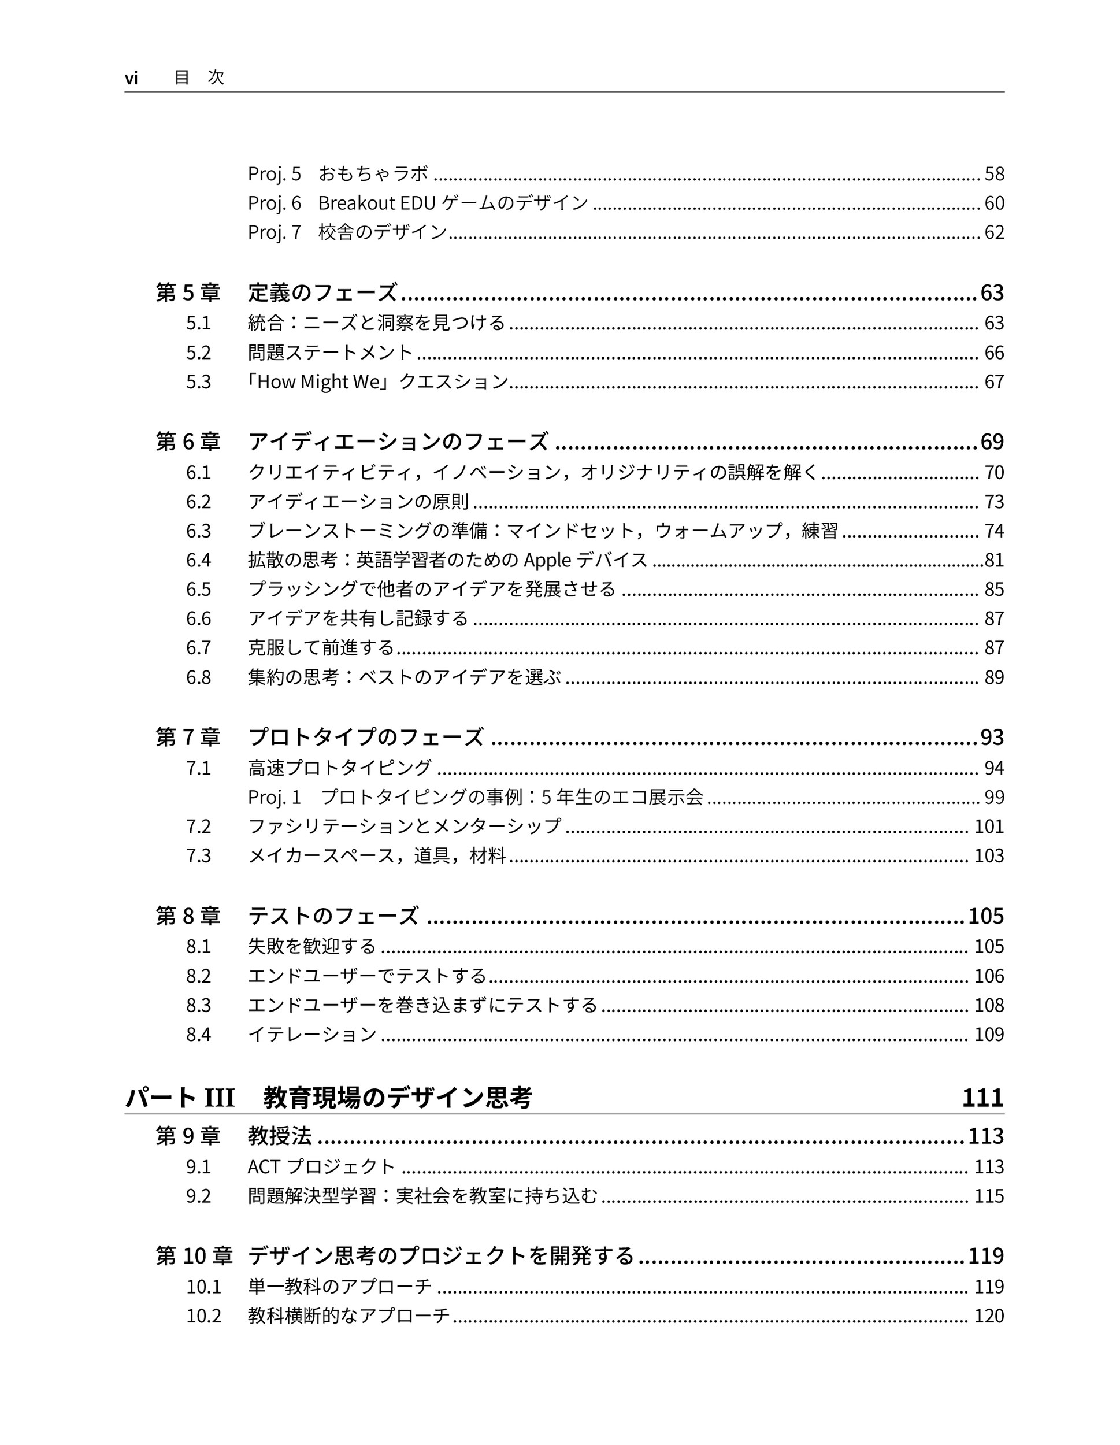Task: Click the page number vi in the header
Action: (x=131, y=78)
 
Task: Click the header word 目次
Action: (x=199, y=77)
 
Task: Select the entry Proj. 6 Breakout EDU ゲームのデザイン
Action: (x=417, y=202)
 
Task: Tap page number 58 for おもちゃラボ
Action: (x=993, y=174)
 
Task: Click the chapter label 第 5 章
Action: (x=188, y=292)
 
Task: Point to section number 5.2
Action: (x=198, y=353)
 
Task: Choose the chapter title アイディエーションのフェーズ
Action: (x=398, y=442)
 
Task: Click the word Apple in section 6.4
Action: (x=547, y=561)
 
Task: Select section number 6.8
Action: (x=198, y=677)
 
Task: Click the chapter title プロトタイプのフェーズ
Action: (x=365, y=737)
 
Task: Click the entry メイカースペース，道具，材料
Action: (x=376, y=855)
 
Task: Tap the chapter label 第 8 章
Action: (x=188, y=916)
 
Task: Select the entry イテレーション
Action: (x=312, y=1034)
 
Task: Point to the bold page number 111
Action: (x=982, y=1098)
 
